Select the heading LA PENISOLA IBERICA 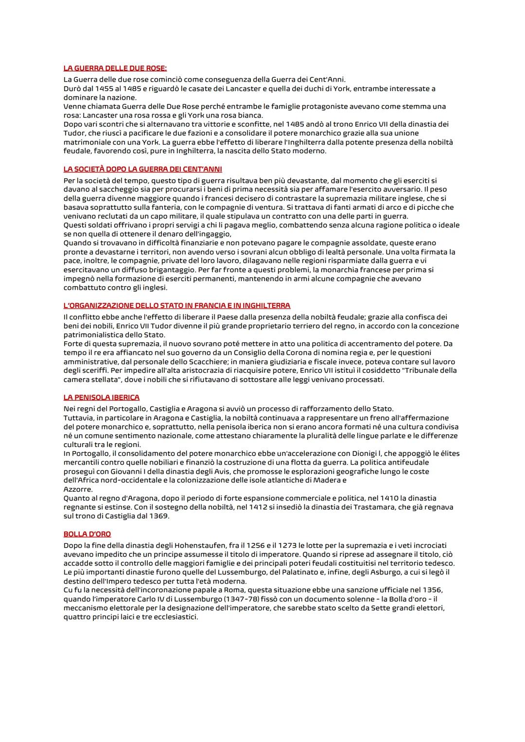tap(102, 397)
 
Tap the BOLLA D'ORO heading tap(87, 534)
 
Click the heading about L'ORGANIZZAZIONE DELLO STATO tap(177, 306)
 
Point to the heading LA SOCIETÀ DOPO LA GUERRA tap(143, 169)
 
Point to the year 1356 tap(433, 590)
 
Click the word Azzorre tap(78, 489)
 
